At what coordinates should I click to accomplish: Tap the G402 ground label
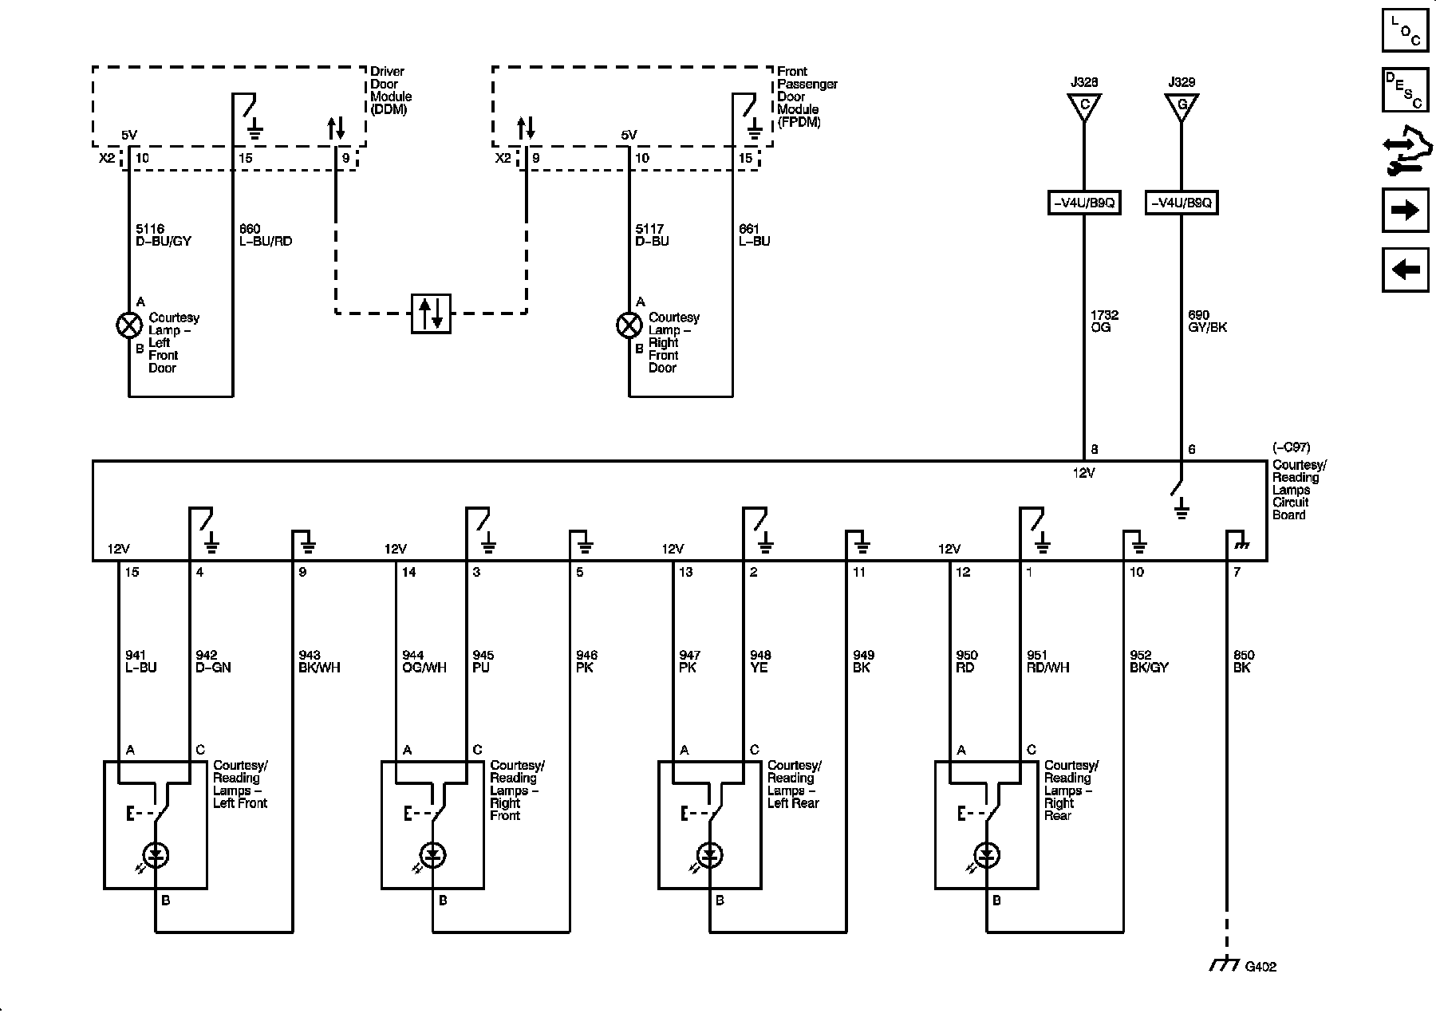click(x=1260, y=967)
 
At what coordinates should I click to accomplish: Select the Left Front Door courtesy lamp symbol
click(x=129, y=325)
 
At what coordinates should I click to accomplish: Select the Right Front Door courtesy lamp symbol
click(x=629, y=325)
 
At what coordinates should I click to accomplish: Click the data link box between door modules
click(x=431, y=313)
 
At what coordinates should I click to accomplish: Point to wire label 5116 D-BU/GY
click(x=164, y=235)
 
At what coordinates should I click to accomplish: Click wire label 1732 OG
click(x=1104, y=321)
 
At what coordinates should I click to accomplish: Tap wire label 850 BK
click(x=1243, y=661)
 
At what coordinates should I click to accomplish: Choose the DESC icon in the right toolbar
click(x=1405, y=90)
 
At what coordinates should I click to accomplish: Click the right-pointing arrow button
click(x=1405, y=211)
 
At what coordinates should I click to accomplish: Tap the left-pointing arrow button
click(x=1405, y=270)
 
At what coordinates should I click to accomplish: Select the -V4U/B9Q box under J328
click(x=1083, y=203)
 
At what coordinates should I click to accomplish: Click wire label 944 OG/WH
click(x=424, y=661)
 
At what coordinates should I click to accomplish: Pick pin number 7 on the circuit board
click(x=1237, y=573)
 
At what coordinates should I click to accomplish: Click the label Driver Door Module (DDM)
click(x=390, y=90)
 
